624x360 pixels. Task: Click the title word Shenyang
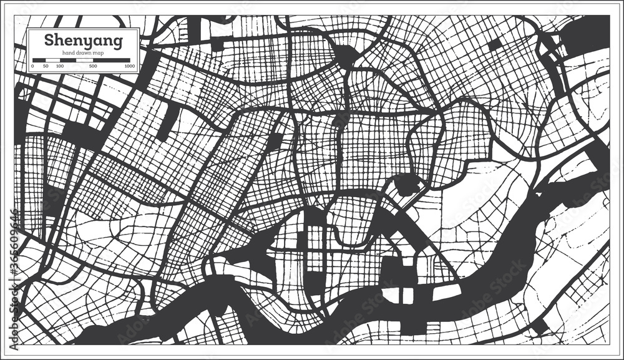(x=82, y=41)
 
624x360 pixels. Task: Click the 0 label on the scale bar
(x=32, y=66)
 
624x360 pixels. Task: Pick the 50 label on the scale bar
(x=45, y=66)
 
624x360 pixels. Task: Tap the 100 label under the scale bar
(x=59, y=66)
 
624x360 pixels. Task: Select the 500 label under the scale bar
(x=92, y=66)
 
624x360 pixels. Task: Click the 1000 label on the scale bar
(x=129, y=66)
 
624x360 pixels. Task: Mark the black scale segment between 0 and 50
(x=39, y=59)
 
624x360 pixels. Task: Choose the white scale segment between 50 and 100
(x=52, y=59)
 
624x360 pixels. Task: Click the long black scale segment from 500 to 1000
(x=111, y=59)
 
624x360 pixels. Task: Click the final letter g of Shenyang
(x=117, y=43)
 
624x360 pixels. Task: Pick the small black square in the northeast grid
(x=495, y=45)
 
